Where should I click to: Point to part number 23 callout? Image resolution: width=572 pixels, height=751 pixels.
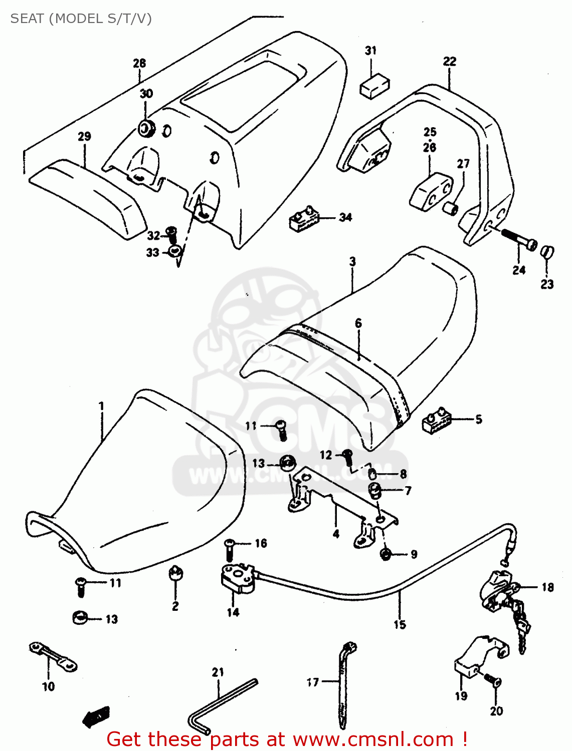click(x=547, y=284)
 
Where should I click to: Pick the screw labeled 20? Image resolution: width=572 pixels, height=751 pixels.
click(x=492, y=681)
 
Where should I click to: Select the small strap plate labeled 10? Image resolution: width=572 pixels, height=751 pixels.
click(x=53, y=656)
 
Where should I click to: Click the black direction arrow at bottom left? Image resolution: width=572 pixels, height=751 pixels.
click(x=96, y=717)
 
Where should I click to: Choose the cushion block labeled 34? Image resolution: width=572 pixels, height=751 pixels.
click(x=304, y=219)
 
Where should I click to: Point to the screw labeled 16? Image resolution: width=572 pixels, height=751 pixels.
click(x=230, y=549)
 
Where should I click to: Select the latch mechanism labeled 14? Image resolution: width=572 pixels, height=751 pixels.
click(x=238, y=579)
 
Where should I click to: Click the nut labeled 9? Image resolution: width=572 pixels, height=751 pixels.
click(x=386, y=554)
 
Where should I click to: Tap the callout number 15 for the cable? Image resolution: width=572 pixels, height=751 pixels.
click(x=400, y=624)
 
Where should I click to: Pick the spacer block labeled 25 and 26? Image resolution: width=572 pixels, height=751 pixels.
click(x=430, y=190)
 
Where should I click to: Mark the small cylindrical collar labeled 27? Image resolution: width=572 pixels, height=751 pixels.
click(x=450, y=208)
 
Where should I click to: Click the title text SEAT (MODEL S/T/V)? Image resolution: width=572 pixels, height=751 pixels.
click(x=81, y=19)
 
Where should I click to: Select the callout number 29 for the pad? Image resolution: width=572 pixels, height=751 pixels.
click(x=84, y=136)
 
